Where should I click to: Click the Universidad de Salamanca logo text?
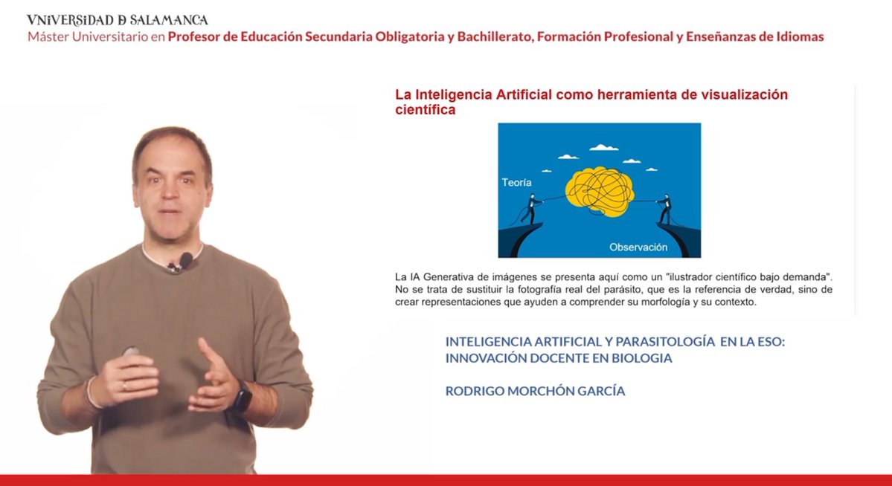[x=117, y=19]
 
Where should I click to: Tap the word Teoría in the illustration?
[x=516, y=182]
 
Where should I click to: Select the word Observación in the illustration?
[x=638, y=247]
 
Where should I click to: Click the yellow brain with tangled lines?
[x=600, y=190]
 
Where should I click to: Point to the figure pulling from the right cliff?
[x=664, y=210]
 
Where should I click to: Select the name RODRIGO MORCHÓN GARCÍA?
[x=535, y=391]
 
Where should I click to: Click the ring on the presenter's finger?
[x=124, y=386]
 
